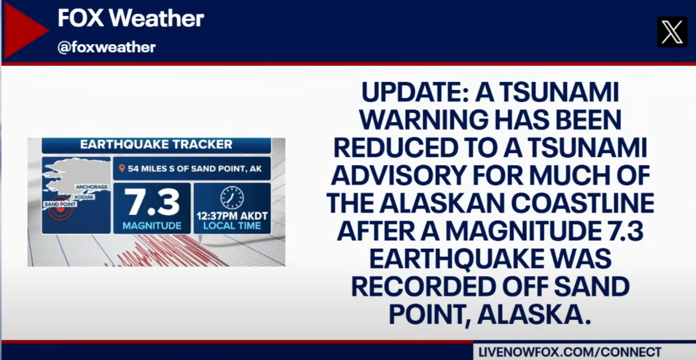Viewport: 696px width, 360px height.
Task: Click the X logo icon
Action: [x=672, y=32]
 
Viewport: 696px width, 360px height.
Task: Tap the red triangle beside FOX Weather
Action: [x=23, y=30]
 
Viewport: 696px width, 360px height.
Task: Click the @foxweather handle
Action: [x=106, y=48]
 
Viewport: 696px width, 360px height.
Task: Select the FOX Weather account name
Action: [x=130, y=18]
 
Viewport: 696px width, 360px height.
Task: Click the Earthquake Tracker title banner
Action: [x=156, y=145]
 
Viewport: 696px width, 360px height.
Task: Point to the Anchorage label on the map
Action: [x=92, y=187]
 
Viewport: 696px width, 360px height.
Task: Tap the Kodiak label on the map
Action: [x=84, y=197]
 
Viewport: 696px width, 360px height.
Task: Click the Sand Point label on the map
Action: [x=60, y=204]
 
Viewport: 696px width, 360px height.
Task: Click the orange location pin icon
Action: [x=122, y=168]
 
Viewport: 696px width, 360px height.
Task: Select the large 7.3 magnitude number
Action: [x=152, y=202]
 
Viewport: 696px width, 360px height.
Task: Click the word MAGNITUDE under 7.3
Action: [x=152, y=226]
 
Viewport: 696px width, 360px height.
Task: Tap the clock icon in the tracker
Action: [x=232, y=198]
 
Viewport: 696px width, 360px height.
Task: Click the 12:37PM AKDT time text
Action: [x=232, y=216]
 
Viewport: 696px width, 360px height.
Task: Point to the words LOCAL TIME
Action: [x=232, y=226]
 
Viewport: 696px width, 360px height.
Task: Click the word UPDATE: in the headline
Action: [x=415, y=92]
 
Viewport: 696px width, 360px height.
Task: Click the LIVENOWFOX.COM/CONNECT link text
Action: [x=570, y=352]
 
